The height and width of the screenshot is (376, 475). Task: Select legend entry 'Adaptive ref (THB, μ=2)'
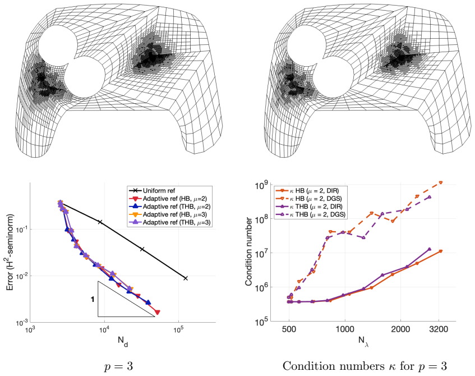click(x=169, y=207)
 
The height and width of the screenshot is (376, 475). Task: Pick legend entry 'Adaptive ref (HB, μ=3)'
click(x=168, y=214)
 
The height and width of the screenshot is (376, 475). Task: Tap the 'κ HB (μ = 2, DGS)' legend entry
click(x=310, y=199)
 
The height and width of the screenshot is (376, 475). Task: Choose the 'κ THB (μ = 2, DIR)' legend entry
click(x=310, y=207)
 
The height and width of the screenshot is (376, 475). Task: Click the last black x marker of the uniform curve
click(x=186, y=278)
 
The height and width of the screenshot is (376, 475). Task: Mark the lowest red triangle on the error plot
click(x=158, y=312)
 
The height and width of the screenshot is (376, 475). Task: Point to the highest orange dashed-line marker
click(x=440, y=182)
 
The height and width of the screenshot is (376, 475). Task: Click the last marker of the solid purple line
click(x=429, y=249)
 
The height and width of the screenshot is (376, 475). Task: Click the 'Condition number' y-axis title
click(x=248, y=251)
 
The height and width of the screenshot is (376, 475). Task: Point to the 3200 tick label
click(x=439, y=329)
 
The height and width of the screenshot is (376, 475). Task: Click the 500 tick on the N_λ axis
click(x=289, y=329)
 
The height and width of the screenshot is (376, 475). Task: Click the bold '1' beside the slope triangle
click(x=93, y=300)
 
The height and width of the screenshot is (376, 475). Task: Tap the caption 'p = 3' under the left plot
click(x=118, y=366)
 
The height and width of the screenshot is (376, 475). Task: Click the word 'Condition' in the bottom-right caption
click(x=307, y=366)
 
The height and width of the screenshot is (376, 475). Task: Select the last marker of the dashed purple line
click(x=430, y=197)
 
